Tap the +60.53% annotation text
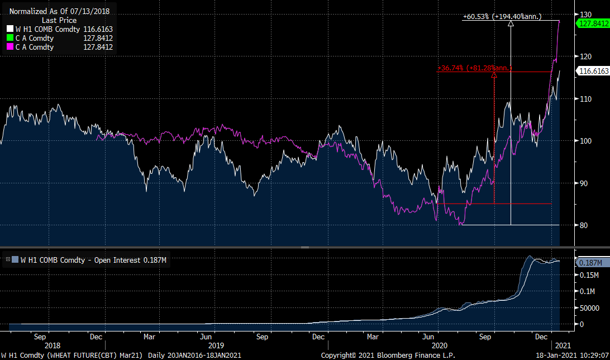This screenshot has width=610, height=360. pyautogui.click(x=502, y=17)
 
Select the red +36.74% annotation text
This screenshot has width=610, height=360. pyautogui.click(x=475, y=68)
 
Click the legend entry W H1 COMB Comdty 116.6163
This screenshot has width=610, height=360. pyautogui.click(x=60, y=29)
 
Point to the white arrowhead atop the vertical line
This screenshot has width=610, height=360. pyautogui.click(x=511, y=23)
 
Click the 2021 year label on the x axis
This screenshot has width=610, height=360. pyautogui.click(x=564, y=346)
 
